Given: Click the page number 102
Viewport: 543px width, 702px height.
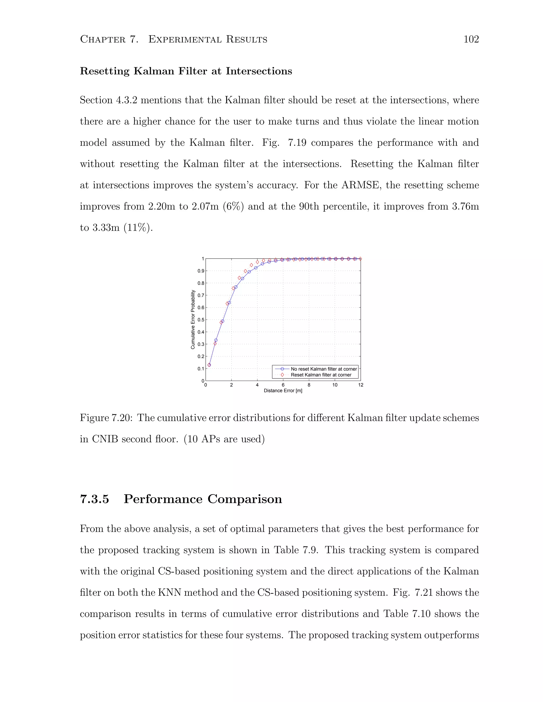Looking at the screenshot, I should (x=471, y=39).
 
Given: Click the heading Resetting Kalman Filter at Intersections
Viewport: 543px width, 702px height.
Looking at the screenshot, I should (x=186, y=71).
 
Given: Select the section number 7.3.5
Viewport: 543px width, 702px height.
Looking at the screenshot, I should (x=94, y=499).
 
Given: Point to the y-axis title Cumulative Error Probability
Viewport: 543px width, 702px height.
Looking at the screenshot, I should (x=193, y=319).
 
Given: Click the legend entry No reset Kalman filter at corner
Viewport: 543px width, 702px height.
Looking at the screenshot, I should (x=324, y=369).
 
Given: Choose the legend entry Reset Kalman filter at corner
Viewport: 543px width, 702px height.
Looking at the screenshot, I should (x=321, y=375).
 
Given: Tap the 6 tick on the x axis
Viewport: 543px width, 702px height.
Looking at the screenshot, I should (x=283, y=385).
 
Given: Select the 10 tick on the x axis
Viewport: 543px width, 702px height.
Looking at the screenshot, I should (x=335, y=385).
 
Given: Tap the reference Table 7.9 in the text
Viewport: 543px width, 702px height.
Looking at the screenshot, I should (x=296, y=550).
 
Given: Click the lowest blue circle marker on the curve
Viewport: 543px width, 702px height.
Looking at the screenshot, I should (x=209, y=365).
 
